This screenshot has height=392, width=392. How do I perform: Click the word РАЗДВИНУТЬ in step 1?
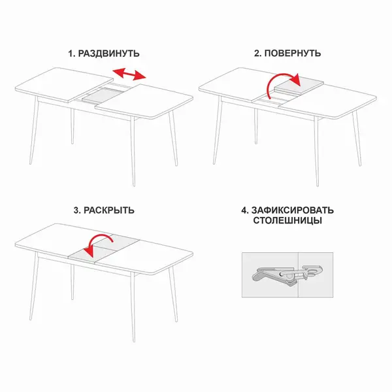tap(108, 54)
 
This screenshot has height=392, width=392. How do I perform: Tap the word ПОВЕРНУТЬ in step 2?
tap(293, 54)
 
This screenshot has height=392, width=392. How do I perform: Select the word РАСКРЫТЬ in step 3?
tap(108, 210)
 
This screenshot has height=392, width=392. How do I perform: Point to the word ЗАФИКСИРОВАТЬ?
tap(293, 210)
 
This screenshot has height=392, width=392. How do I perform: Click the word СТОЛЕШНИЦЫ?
tap(287, 221)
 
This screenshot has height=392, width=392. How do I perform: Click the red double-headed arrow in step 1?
tap(129, 74)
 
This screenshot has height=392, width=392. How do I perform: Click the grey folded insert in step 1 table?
tap(103, 95)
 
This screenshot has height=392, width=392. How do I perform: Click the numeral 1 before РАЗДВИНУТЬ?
tap(71, 54)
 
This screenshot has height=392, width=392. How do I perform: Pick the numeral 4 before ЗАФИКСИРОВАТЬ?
tap(244, 210)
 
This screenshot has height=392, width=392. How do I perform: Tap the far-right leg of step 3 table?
tap(173, 294)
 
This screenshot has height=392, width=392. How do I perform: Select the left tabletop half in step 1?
tap(64, 85)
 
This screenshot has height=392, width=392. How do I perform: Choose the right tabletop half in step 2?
tap(327, 101)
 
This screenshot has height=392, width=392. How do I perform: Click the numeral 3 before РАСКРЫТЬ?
tap(76, 210)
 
